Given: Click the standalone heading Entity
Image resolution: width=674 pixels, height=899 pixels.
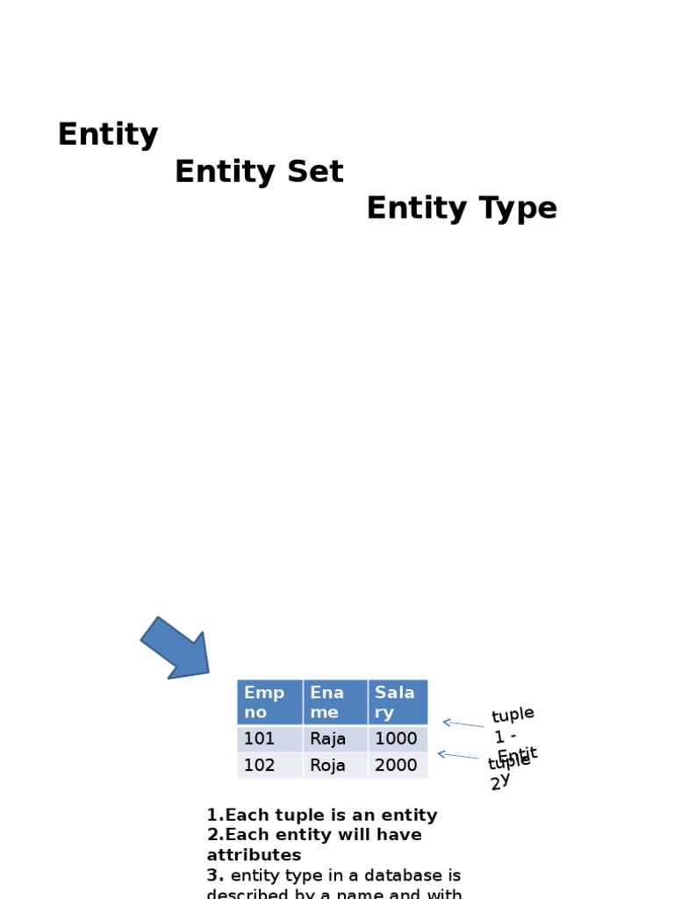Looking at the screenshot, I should pos(108,135).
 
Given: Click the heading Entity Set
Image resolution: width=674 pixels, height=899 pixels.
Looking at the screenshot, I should pos(259,172).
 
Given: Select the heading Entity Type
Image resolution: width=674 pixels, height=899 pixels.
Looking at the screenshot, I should pos(462,209).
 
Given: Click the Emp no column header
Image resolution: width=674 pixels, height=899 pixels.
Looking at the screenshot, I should pos(269,702).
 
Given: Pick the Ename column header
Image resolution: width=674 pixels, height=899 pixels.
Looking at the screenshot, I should pos(335,702).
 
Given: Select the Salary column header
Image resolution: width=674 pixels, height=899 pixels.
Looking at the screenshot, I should pos(398,702).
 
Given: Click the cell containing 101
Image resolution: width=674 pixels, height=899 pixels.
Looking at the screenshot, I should pos(269,739).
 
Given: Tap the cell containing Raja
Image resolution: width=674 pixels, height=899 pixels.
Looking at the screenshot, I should pos(335,739).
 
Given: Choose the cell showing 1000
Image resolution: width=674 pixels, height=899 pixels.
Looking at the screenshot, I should pos(398,739).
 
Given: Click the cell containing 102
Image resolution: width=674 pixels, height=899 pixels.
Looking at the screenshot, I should pos(269,766).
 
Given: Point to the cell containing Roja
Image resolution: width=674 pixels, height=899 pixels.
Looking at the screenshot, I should pos(335,766).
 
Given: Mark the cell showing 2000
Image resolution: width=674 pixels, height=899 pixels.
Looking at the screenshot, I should pos(398,766).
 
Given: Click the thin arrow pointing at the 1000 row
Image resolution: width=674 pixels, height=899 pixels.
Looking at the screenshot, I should pos(462,724).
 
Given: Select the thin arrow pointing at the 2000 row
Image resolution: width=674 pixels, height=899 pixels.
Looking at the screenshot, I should pos(458,756).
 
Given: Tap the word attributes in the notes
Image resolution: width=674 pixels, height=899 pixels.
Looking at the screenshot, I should pos(254,855).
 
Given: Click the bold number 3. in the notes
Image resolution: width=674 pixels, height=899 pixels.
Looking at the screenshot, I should pos(216,875).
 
